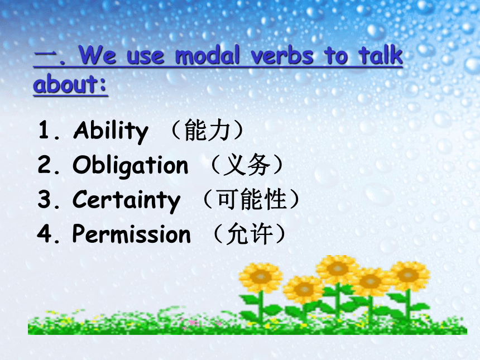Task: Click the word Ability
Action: tap(111, 131)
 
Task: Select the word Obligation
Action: tap(131, 166)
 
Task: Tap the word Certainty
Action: tap(127, 200)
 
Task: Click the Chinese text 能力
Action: tap(207, 130)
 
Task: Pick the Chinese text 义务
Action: tap(247, 165)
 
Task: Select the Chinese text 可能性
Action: tap(252, 199)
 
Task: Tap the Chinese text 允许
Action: tap(249, 234)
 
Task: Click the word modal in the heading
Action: tap(207, 55)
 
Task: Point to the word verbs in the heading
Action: tap(282, 55)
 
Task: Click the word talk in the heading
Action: tap(381, 55)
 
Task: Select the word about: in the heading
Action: tap(70, 84)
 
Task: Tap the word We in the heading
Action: tap(97, 55)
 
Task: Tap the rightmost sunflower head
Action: tap(408, 275)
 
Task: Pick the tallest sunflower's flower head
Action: tap(337, 269)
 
